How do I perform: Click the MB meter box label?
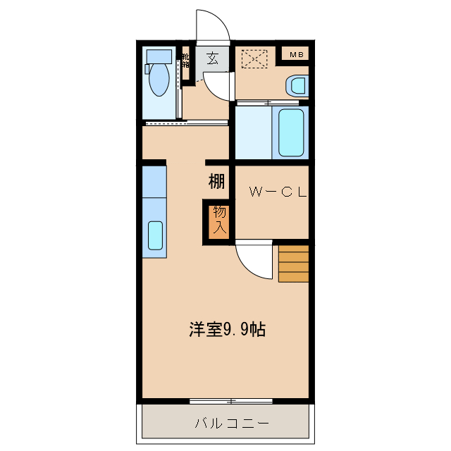click(296, 54)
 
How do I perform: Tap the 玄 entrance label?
click(212, 58)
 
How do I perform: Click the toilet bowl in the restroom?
click(160, 80)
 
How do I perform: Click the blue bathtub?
click(291, 132)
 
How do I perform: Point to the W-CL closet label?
click(276, 192)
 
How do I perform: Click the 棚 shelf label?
click(217, 181)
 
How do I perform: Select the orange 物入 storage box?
click(218, 221)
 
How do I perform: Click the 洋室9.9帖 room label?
click(227, 328)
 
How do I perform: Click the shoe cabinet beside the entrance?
click(186, 66)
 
